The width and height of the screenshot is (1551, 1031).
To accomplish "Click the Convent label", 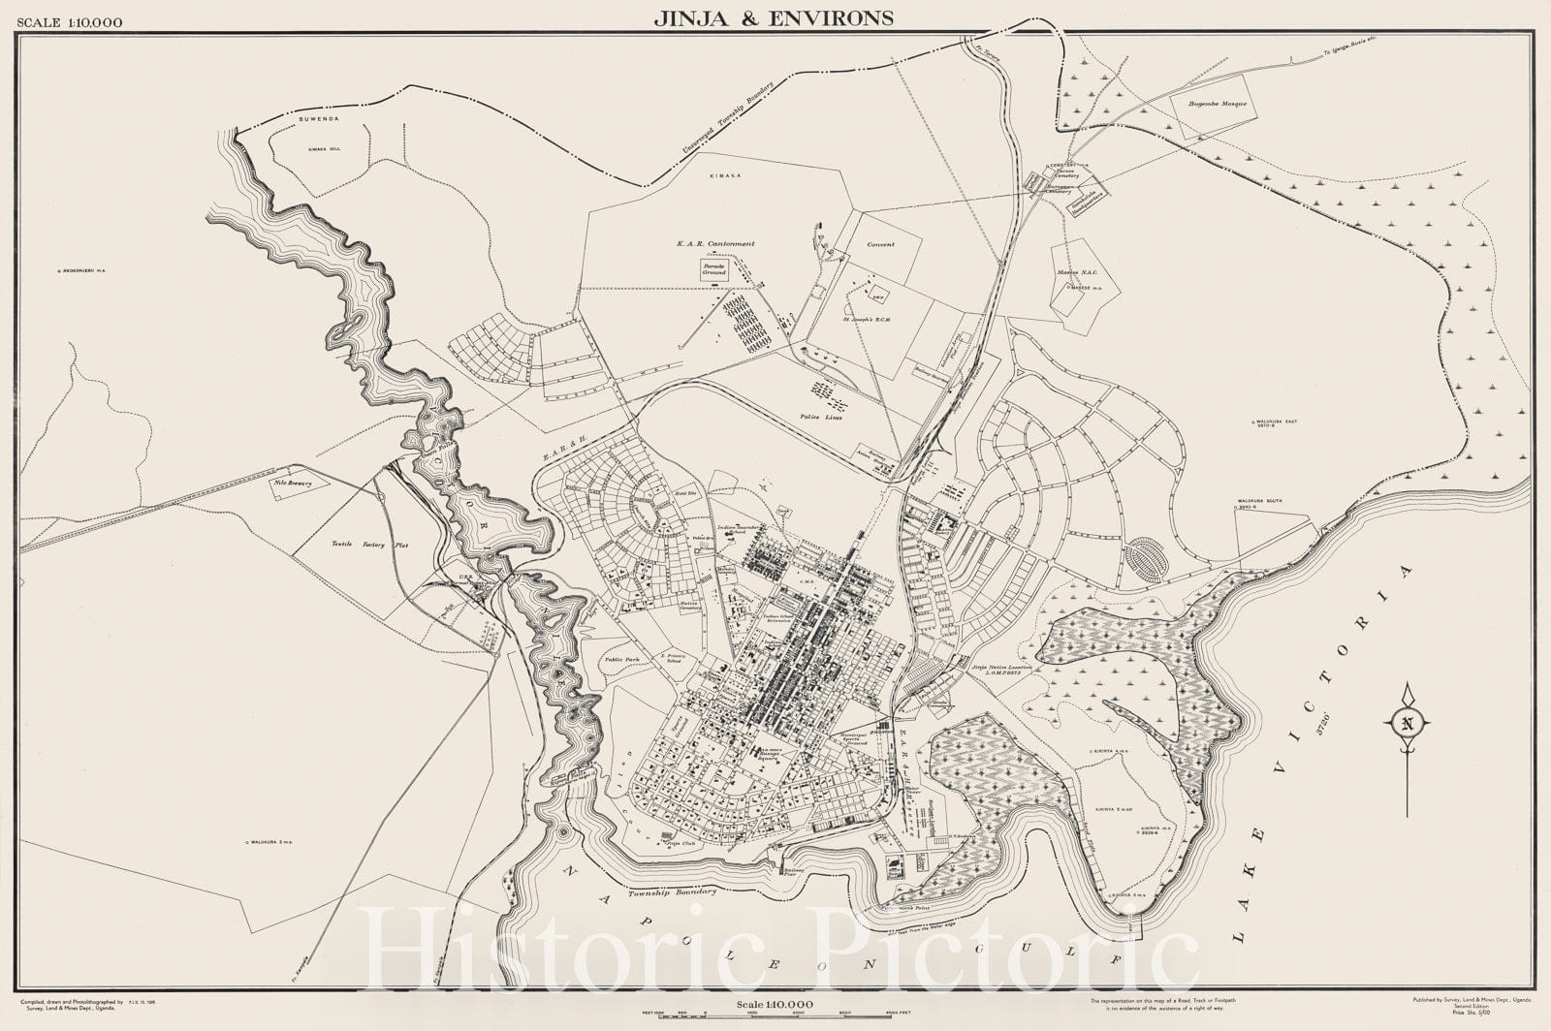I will (x=880, y=245).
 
